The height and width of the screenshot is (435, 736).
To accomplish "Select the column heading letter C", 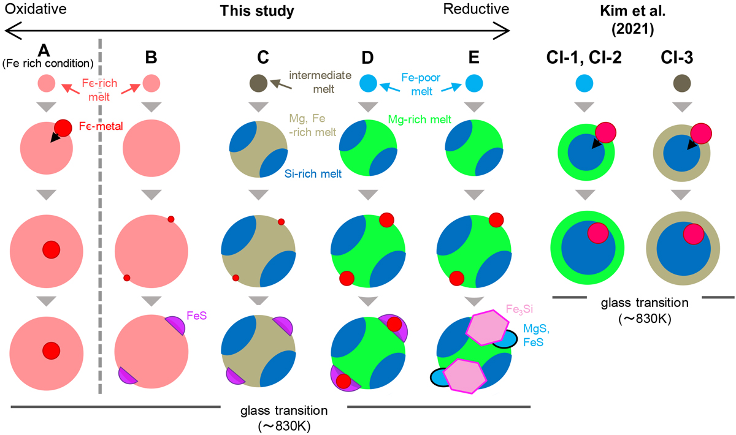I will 263,58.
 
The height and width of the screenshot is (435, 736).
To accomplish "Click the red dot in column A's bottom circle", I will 51,350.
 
